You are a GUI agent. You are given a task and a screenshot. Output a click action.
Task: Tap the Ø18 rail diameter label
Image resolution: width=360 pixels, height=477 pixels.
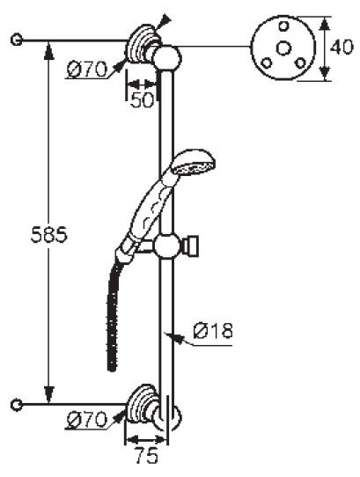211,332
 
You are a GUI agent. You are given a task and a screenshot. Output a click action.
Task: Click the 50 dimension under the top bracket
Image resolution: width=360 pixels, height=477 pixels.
141,99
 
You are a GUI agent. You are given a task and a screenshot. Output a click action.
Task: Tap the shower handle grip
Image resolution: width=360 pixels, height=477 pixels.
146,211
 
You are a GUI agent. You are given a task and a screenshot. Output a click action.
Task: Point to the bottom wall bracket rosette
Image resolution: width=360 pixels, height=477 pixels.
141,402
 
